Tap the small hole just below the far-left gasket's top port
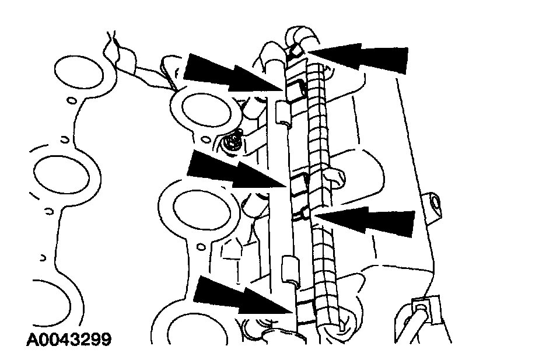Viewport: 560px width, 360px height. [71, 102]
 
